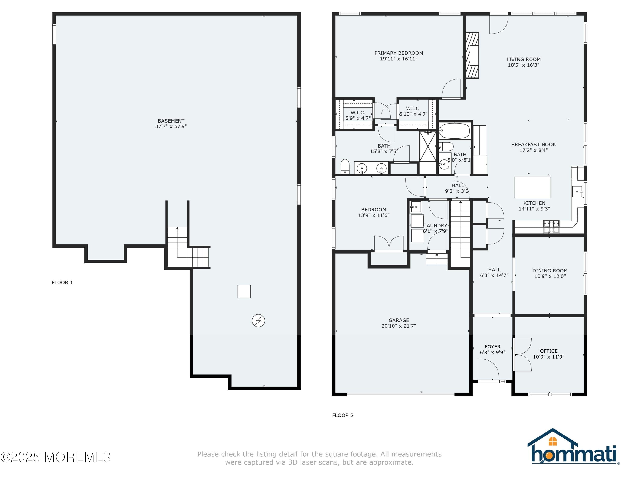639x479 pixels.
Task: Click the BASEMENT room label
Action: click(x=171, y=121)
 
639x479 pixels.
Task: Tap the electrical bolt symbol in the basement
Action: click(x=258, y=320)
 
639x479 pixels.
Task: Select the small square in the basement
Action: click(x=244, y=291)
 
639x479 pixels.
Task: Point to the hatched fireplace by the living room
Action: click(x=472, y=55)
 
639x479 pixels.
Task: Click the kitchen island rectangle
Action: click(x=532, y=187)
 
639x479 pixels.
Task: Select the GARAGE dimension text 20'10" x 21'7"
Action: click(x=399, y=326)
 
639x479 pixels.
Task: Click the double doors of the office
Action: click(x=522, y=354)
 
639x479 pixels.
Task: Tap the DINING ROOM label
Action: click(x=550, y=271)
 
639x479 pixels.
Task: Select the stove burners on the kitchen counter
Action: click(x=551, y=226)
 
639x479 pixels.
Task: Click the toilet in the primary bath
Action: click(x=345, y=167)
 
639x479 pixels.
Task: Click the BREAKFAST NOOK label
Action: click(x=534, y=145)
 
